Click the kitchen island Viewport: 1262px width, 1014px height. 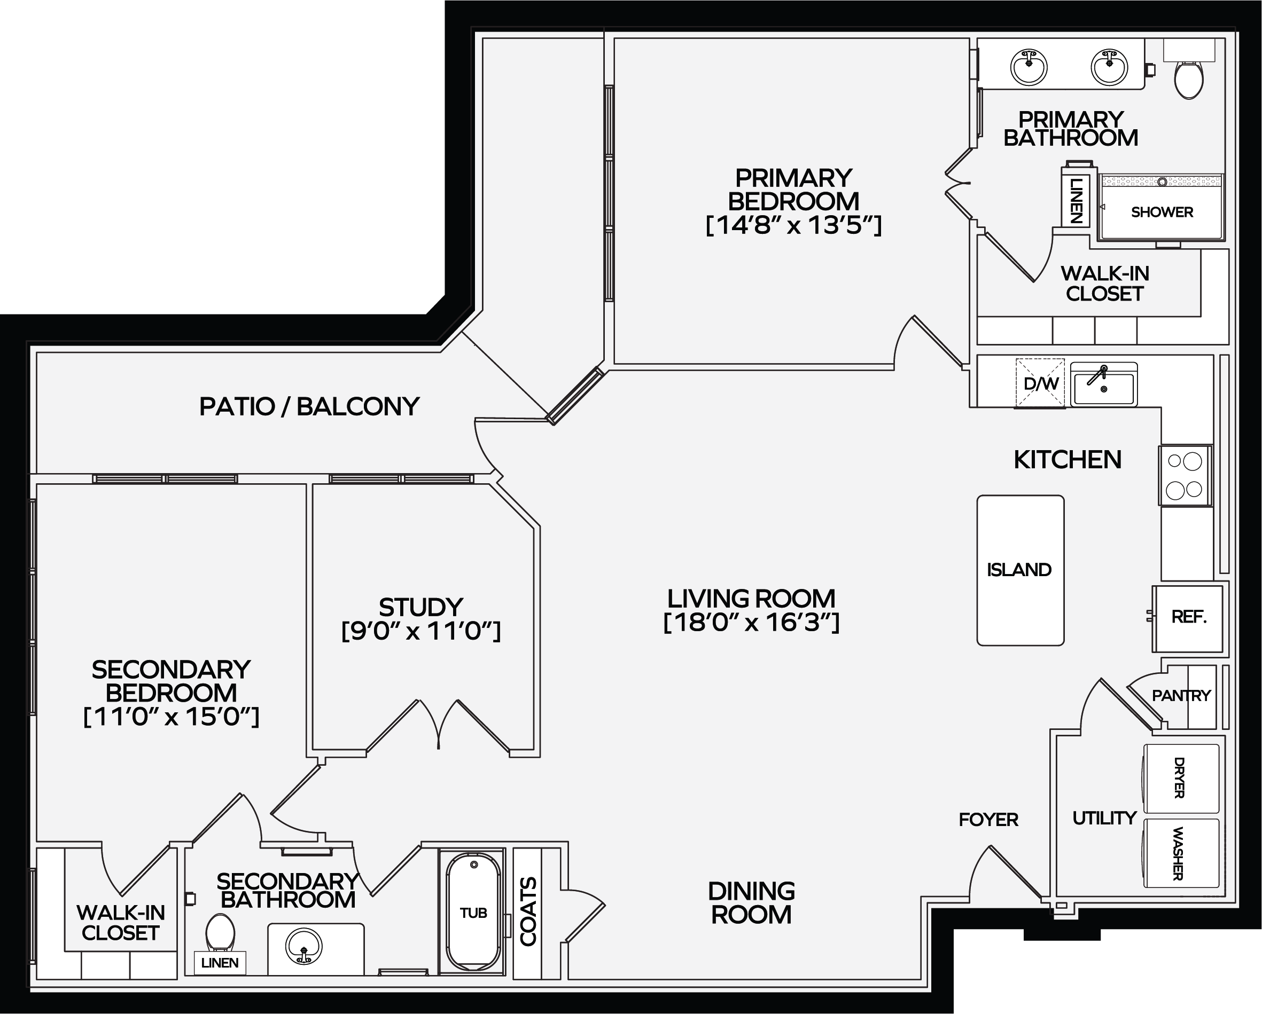1020,570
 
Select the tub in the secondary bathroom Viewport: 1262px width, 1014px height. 473,913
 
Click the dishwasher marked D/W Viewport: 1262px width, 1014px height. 1040,383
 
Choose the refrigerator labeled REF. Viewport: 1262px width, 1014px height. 1188,618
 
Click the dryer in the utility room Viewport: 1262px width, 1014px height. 1181,778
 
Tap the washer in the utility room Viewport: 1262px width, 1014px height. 1181,853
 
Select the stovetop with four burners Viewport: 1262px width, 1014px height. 1185,476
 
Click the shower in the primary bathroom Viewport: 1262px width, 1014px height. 1162,207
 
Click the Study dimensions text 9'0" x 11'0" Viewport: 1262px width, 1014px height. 421,631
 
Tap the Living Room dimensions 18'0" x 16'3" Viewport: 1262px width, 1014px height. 752,622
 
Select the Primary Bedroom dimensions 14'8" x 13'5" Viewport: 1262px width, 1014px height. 794,225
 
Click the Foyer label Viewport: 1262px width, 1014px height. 988,820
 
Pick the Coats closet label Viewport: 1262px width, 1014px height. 528,911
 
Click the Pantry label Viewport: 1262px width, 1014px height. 1181,696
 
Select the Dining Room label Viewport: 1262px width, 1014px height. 752,903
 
